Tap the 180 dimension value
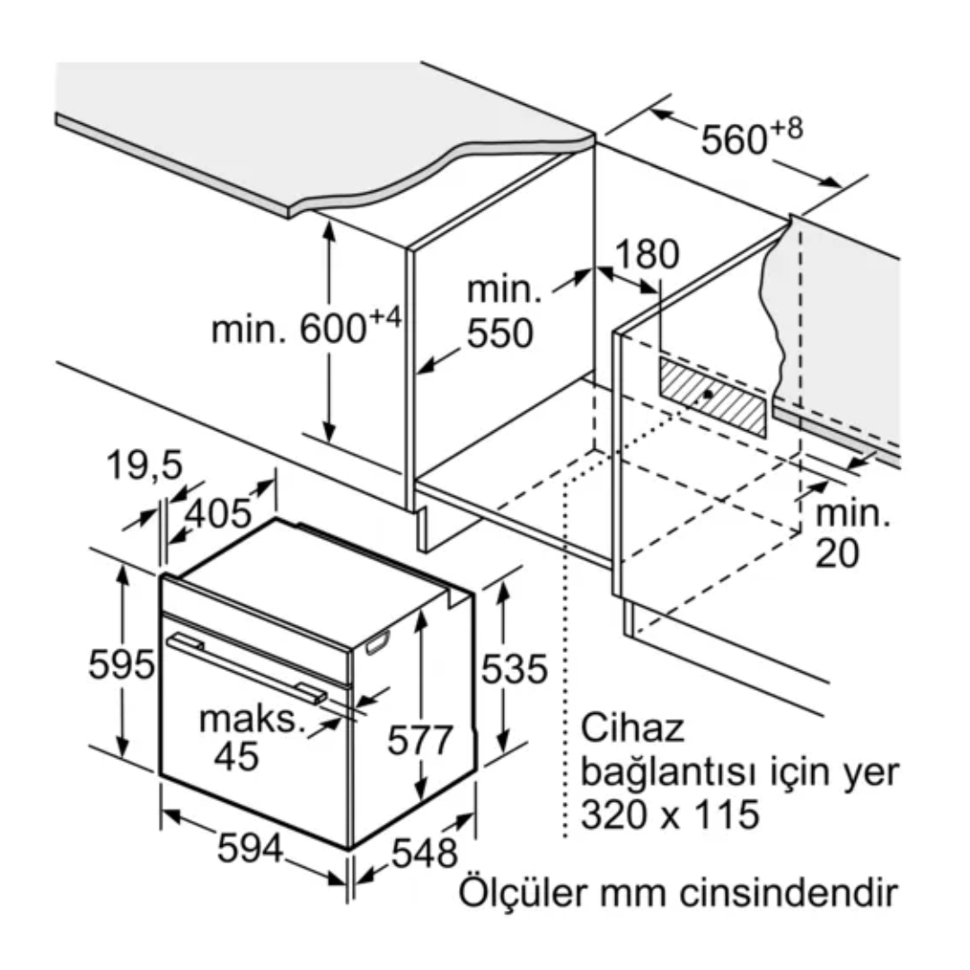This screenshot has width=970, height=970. pos(647,255)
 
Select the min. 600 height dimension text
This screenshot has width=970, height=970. pos(305,329)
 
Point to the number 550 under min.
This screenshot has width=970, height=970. pos(499,333)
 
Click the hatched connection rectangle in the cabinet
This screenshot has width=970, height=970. pos(713,395)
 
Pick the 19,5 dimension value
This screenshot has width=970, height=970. pos(145,465)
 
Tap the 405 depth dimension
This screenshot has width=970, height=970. pos(218,513)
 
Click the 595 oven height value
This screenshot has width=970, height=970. pos(121,666)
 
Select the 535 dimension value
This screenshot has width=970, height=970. pos(513,668)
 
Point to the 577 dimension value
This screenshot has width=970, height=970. pos(420,741)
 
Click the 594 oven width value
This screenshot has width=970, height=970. pos(251,849)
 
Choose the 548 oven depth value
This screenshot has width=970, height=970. pos(425,853)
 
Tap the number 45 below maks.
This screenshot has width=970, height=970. pos(237,756)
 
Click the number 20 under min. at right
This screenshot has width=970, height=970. pos(837,553)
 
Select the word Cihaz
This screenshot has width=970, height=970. pos(632,727)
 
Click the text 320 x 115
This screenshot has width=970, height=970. pos(669,815)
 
